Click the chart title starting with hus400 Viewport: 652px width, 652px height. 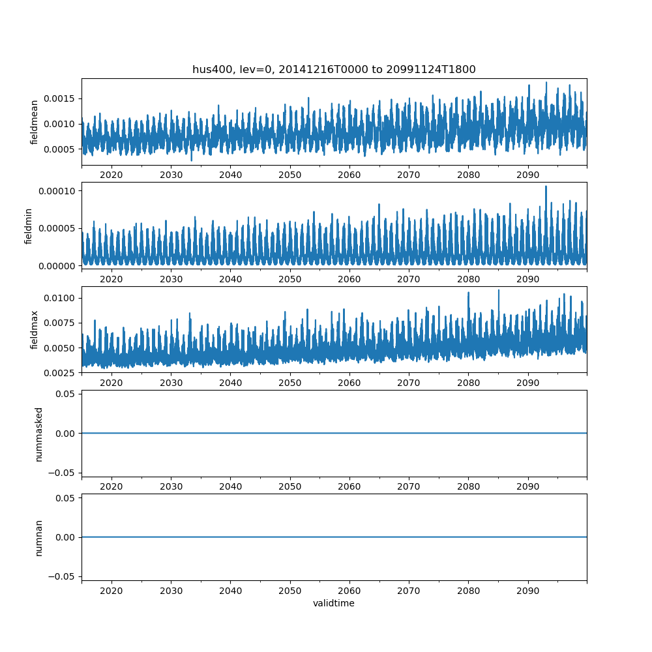coord(334,69)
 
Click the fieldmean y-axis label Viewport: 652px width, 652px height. coord(35,122)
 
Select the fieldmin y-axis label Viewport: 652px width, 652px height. coord(29,226)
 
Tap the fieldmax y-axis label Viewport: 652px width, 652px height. coord(35,330)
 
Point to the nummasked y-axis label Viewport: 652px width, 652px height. coord(38,434)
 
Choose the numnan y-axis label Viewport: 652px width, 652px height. coord(38,537)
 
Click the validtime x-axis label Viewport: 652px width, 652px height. coord(334,603)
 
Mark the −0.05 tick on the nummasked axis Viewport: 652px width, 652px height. coord(62,472)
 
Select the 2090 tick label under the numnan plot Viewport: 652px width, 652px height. coord(527,591)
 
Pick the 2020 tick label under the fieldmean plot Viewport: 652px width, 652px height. coord(111,175)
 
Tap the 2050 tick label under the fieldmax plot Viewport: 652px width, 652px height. coord(289,383)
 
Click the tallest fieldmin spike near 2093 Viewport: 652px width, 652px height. coord(546,186)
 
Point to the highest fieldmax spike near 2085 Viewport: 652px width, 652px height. coord(499,290)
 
